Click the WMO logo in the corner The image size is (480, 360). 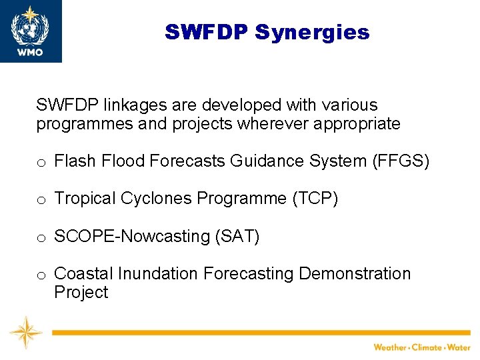pos(31,31)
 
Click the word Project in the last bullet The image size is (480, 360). pos(81,293)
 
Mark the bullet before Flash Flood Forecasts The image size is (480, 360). pos(41,162)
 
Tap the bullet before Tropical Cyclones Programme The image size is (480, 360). pos(41,200)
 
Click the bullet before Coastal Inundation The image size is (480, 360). pos(41,275)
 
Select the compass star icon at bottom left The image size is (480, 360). pos(26,332)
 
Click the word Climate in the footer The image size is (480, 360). pos(426,347)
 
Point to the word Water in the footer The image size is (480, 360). pos(459,347)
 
